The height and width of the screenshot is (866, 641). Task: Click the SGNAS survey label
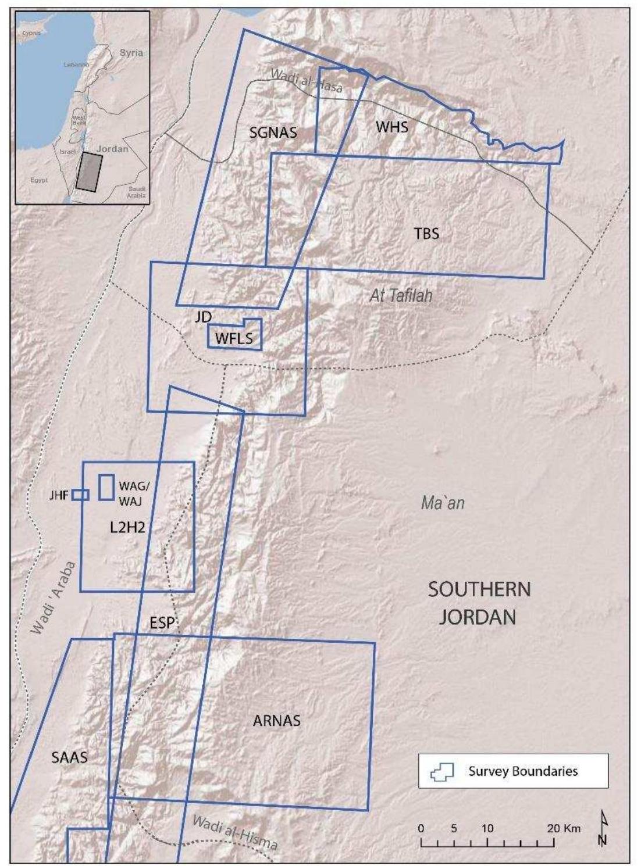[x=273, y=133]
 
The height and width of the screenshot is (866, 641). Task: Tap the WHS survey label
[x=391, y=127]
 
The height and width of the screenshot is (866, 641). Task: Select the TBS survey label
[x=426, y=234]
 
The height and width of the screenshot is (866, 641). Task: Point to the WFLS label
[x=234, y=338]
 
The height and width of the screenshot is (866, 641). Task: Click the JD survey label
[x=203, y=317]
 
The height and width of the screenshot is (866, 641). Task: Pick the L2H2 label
[x=127, y=527]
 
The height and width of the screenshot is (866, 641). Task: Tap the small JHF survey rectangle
[x=80, y=495]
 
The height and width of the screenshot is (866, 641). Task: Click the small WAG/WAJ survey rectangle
[x=106, y=487]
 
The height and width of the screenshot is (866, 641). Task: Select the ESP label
[x=162, y=623]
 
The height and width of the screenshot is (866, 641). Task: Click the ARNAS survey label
[x=276, y=721]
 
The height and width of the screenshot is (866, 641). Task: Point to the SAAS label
[x=69, y=757]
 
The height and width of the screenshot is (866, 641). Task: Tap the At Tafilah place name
[x=401, y=296]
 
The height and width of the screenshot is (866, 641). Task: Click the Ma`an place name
[x=443, y=503]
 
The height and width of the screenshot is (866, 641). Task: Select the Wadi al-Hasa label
[x=307, y=82]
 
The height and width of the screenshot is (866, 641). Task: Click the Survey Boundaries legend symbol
[x=441, y=772]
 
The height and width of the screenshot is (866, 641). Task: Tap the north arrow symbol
[x=603, y=829]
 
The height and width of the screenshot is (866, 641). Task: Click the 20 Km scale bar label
[x=563, y=828]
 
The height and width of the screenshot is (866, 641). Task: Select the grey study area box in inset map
[x=89, y=171]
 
